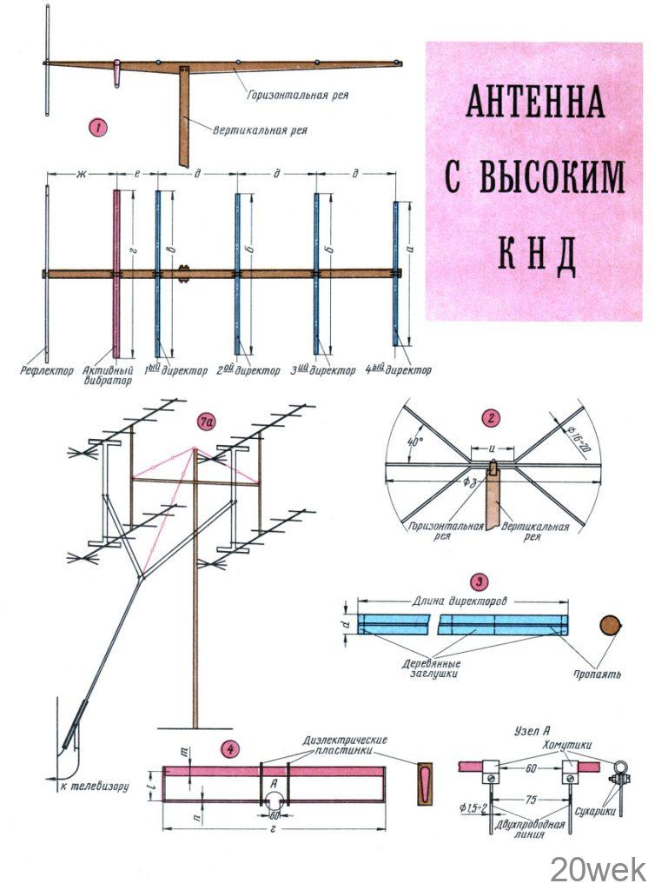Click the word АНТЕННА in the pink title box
535,102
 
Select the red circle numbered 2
491,419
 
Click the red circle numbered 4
229,749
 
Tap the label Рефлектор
47,370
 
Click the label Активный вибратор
108,375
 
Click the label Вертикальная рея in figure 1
260,130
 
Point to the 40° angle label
415,441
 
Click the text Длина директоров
460,601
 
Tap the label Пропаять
597,674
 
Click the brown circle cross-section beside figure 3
611,626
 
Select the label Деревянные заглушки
431,668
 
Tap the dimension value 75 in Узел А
530,800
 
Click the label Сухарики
595,812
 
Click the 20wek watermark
598,869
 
